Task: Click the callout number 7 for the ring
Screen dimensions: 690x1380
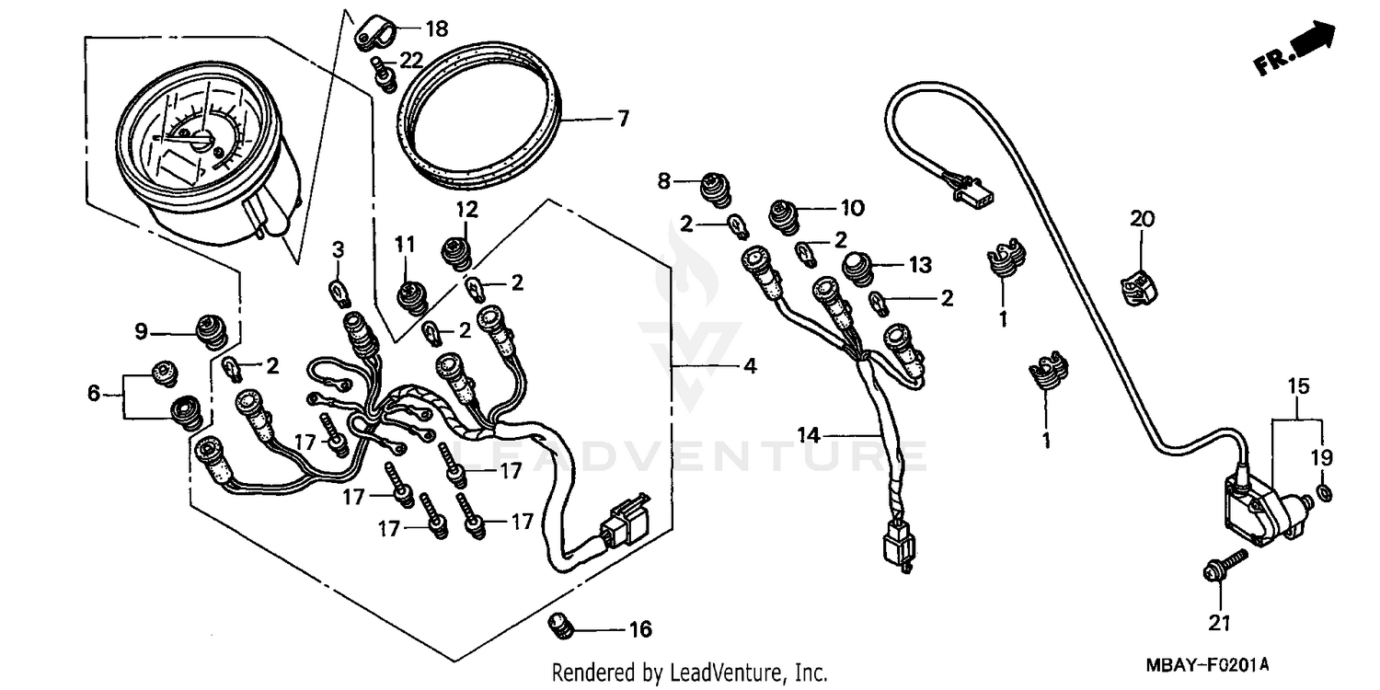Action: coord(623,120)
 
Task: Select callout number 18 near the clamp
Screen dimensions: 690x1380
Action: coord(436,29)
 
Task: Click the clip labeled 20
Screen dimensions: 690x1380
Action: coord(1139,283)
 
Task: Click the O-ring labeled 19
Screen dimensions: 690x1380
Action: coord(1322,495)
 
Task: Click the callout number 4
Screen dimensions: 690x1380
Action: coord(750,367)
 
